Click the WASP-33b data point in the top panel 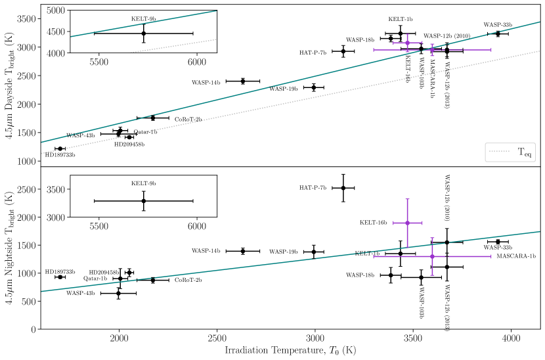[x=498, y=34]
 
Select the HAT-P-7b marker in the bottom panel [x=343, y=188]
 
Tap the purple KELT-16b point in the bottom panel [x=407, y=223]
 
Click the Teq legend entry [x=511, y=152]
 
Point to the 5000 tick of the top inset [x=56, y=11]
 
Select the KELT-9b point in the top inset [x=143, y=33]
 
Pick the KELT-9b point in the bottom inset [x=143, y=200]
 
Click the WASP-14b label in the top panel [x=206, y=83]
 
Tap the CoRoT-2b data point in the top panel [x=153, y=118]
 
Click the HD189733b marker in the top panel [x=60, y=148]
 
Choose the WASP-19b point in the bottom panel [x=314, y=252]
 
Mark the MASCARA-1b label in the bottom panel [x=515, y=256]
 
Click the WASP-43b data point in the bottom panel [x=118, y=293]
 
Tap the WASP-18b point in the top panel [x=391, y=38]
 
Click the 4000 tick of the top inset [x=56, y=52]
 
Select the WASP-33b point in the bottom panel [x=498, y=242]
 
